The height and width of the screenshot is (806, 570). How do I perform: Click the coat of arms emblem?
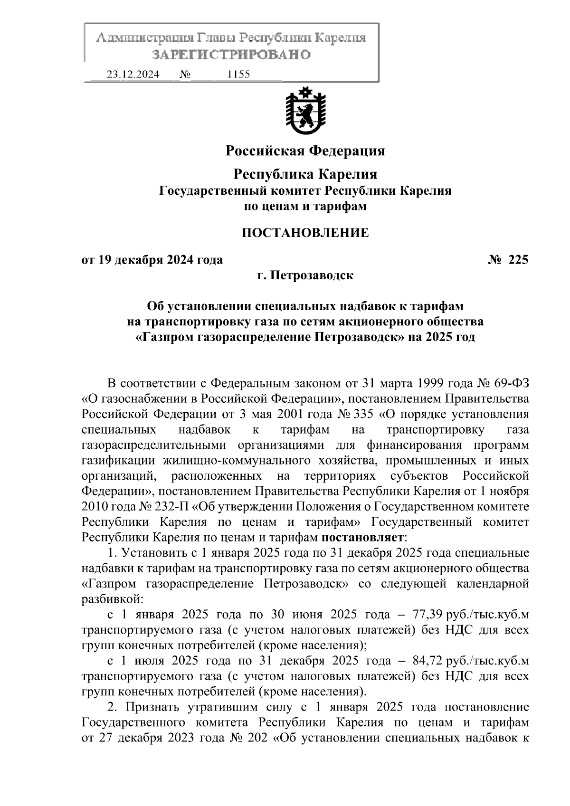304,110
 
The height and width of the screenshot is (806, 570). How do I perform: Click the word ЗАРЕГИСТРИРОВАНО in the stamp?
231,55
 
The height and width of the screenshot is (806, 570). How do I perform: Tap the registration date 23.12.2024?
133,75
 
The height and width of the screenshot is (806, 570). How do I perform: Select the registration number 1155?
239,75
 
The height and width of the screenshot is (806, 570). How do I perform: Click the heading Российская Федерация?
304,151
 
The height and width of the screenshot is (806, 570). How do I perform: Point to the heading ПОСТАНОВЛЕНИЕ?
305,233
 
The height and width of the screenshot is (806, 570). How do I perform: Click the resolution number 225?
518,260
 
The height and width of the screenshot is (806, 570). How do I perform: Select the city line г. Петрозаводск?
305,275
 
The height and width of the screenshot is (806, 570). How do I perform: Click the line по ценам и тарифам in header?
305,207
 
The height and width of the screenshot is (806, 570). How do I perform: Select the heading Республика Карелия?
305,174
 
